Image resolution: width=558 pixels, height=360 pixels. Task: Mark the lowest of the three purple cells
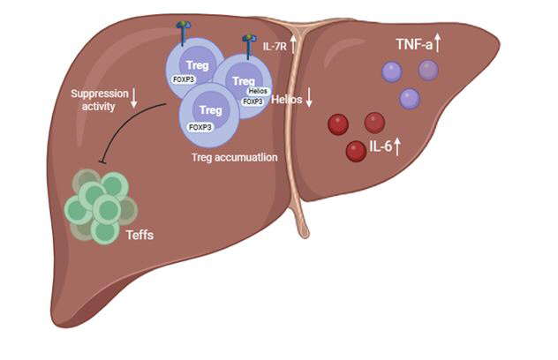(x=409, y=99)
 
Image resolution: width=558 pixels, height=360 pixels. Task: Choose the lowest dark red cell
(x=356, y=151)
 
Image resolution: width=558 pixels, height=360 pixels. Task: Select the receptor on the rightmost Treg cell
(x=251, y=41)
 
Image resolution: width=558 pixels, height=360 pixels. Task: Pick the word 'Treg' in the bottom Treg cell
(x=210, y=110)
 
